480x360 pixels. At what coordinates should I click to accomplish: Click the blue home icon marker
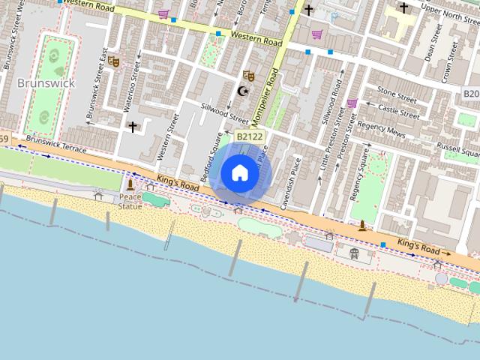pyautogui.click(x=239, y=173)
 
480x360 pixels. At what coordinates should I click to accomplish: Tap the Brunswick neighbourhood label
pyautogui.click(x=46, y=83)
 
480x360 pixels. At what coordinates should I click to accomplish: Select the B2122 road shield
pyautogui.click(x=248, y=136)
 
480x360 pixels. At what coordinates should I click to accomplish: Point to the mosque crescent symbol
pyautogui.click(x=242, y=91)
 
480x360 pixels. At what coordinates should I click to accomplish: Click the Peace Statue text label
pyautogui.click(x=130, y=201)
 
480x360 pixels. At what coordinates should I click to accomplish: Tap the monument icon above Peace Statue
pyautogui.click(x=130, y=184)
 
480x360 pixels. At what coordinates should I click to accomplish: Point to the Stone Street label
pyautogui.click(x=397, y=94)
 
